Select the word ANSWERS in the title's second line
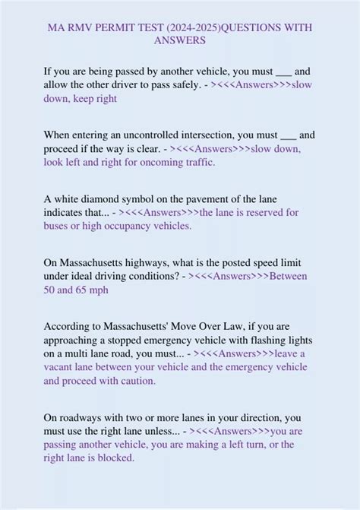[180, 40]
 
